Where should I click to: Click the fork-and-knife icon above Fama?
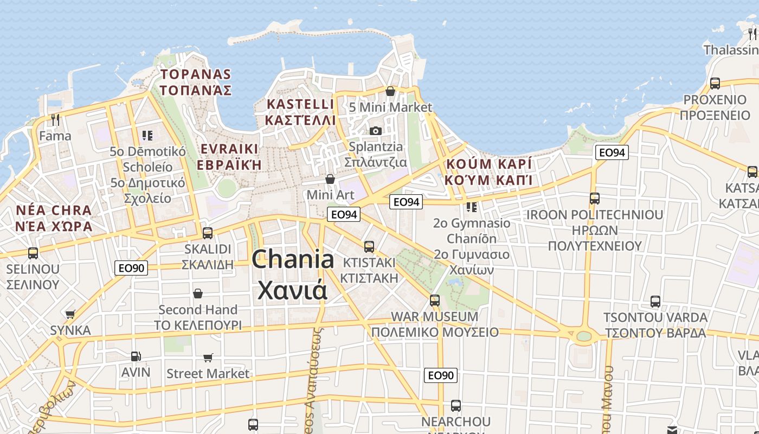55,119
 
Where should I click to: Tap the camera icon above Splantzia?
375,131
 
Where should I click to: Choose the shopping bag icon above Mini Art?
330,178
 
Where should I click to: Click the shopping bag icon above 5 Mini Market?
390,91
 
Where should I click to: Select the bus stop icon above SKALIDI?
207,233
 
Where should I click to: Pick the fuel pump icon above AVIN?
136,356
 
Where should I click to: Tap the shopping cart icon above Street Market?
208,358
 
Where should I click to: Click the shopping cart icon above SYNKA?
70,314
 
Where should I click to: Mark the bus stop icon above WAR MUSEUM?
434,300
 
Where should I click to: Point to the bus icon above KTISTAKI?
369,246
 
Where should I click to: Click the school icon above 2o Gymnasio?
472,207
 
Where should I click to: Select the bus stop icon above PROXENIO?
715,83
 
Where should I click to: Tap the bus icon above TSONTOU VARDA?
655,301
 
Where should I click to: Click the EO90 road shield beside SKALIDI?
131,267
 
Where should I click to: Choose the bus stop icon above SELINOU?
33,253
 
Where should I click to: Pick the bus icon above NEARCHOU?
455,405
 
